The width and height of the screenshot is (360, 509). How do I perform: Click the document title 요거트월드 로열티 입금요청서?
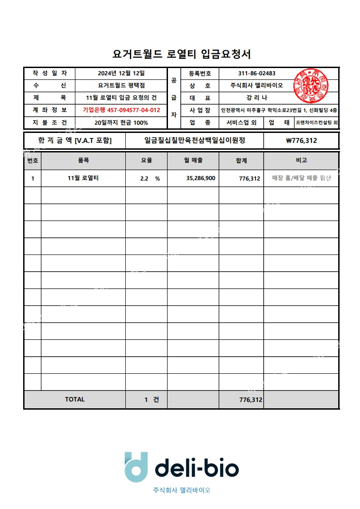(x=182, y=54)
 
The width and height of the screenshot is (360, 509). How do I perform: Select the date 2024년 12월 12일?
(x=121, y=73)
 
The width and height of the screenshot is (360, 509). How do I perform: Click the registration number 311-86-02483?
(x=256, y=73)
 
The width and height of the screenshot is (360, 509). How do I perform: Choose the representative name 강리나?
(x=256, y=98)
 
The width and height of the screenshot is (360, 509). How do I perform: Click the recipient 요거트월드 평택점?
(x=121, y=85)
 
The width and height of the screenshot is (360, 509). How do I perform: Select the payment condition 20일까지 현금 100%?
(x=121, y=122)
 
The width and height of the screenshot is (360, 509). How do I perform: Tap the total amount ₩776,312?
(x=301, y=141)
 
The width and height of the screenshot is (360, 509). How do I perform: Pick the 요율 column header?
(x=146, y=160)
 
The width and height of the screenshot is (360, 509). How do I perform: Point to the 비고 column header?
(x=301, y=160)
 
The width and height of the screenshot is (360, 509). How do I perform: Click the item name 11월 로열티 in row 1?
(x=83, y=178)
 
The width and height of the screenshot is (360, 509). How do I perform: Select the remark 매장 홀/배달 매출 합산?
(x=301, y=178)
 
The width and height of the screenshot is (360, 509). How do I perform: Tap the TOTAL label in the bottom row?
(x=75, y=399)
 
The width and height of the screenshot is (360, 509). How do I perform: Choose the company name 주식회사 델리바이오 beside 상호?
(x=256, y=86)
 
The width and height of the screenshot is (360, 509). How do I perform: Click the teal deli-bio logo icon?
(x=136, y=467)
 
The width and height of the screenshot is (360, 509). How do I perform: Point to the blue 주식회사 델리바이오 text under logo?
(x=182, y=490)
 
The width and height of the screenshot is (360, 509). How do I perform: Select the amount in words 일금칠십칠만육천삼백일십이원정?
(x=195, y=141)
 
